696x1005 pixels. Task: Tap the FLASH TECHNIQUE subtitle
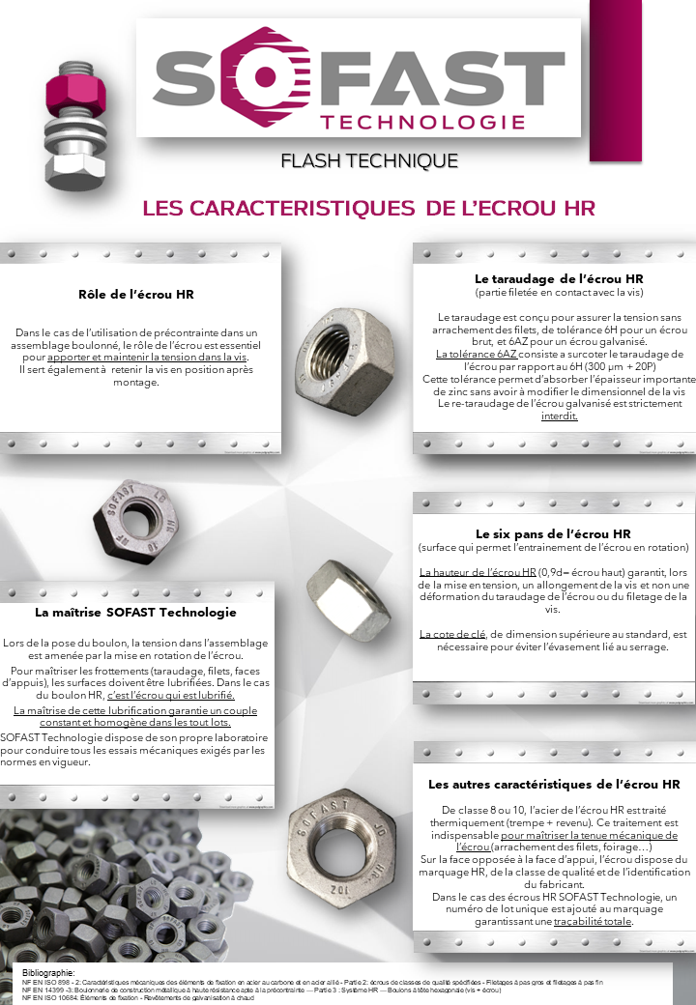point(368,160)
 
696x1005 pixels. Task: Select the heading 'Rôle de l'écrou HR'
point(143,294)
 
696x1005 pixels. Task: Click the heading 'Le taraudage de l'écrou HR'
point(553,278)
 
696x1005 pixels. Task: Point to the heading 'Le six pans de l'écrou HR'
point(553,533)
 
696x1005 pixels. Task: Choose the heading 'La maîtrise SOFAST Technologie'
point(135,612)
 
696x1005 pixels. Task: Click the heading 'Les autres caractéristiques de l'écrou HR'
point(554,784)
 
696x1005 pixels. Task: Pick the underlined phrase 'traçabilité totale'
point(593,922)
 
